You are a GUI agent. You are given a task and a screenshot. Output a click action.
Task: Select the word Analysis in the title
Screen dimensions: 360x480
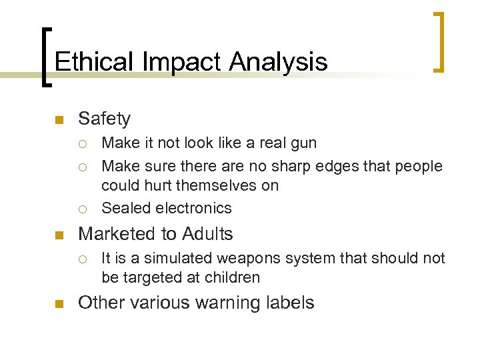[x=279, y=62]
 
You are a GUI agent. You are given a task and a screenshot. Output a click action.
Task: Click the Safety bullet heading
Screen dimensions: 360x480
[x=104, y=119]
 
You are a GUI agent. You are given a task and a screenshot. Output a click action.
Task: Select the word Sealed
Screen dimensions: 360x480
[x=123, y=208]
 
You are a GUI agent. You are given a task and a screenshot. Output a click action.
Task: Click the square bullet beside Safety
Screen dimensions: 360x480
[x=58, y=121]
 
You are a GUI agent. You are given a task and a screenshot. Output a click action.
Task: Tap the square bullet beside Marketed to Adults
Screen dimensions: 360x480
[x=58, y=235]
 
